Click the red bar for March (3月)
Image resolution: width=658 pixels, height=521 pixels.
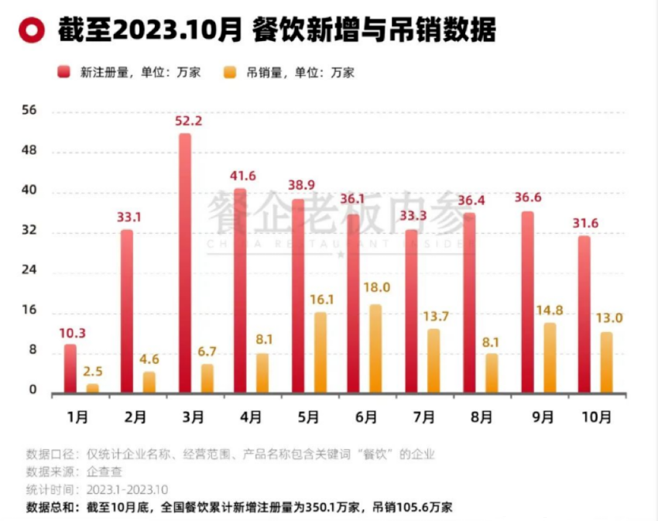tap(184, 263)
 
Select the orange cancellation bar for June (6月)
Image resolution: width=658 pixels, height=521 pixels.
tap(375, 348)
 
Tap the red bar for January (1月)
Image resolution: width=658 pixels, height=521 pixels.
tap(70, 368)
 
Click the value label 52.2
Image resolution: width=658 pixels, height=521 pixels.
tap(190, 121)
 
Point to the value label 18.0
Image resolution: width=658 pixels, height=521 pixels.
tap(378, 287)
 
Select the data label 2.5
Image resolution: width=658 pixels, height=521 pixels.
tap(94, 371)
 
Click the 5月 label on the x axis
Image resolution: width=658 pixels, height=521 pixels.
tap(307, 417)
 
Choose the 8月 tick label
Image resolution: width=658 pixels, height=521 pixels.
tap(481, 417)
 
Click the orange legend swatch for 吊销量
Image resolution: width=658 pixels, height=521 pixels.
tap(231, 72)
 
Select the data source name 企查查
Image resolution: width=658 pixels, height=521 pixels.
tap(104, 471)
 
